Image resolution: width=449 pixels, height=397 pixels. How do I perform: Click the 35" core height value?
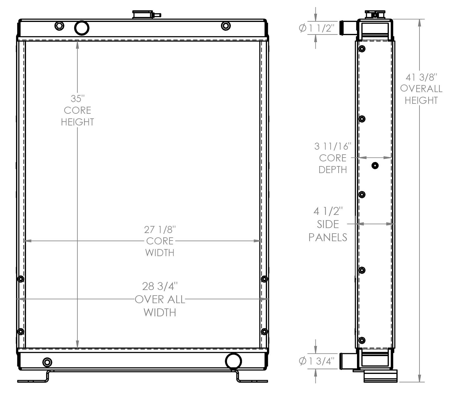point(77,99)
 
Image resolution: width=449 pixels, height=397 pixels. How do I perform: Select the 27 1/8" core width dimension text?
point(160,229)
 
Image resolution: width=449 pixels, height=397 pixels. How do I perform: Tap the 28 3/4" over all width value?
point(160,286)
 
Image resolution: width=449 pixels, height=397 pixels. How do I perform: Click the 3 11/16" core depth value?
point(333,146)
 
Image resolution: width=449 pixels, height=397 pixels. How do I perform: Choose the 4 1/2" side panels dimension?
point(328,211)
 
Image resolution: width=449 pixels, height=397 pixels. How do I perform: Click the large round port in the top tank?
point(82,28)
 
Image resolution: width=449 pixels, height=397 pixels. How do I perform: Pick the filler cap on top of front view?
point(143,15)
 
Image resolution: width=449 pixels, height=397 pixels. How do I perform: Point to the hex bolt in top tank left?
point(60,26)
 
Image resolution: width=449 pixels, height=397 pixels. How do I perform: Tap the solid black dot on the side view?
point(375,166)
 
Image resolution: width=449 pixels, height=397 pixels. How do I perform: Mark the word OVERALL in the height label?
point(421,89)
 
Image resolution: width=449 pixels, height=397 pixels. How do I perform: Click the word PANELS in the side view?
point(328,237)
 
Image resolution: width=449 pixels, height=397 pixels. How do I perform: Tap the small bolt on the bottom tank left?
point(47,363)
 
